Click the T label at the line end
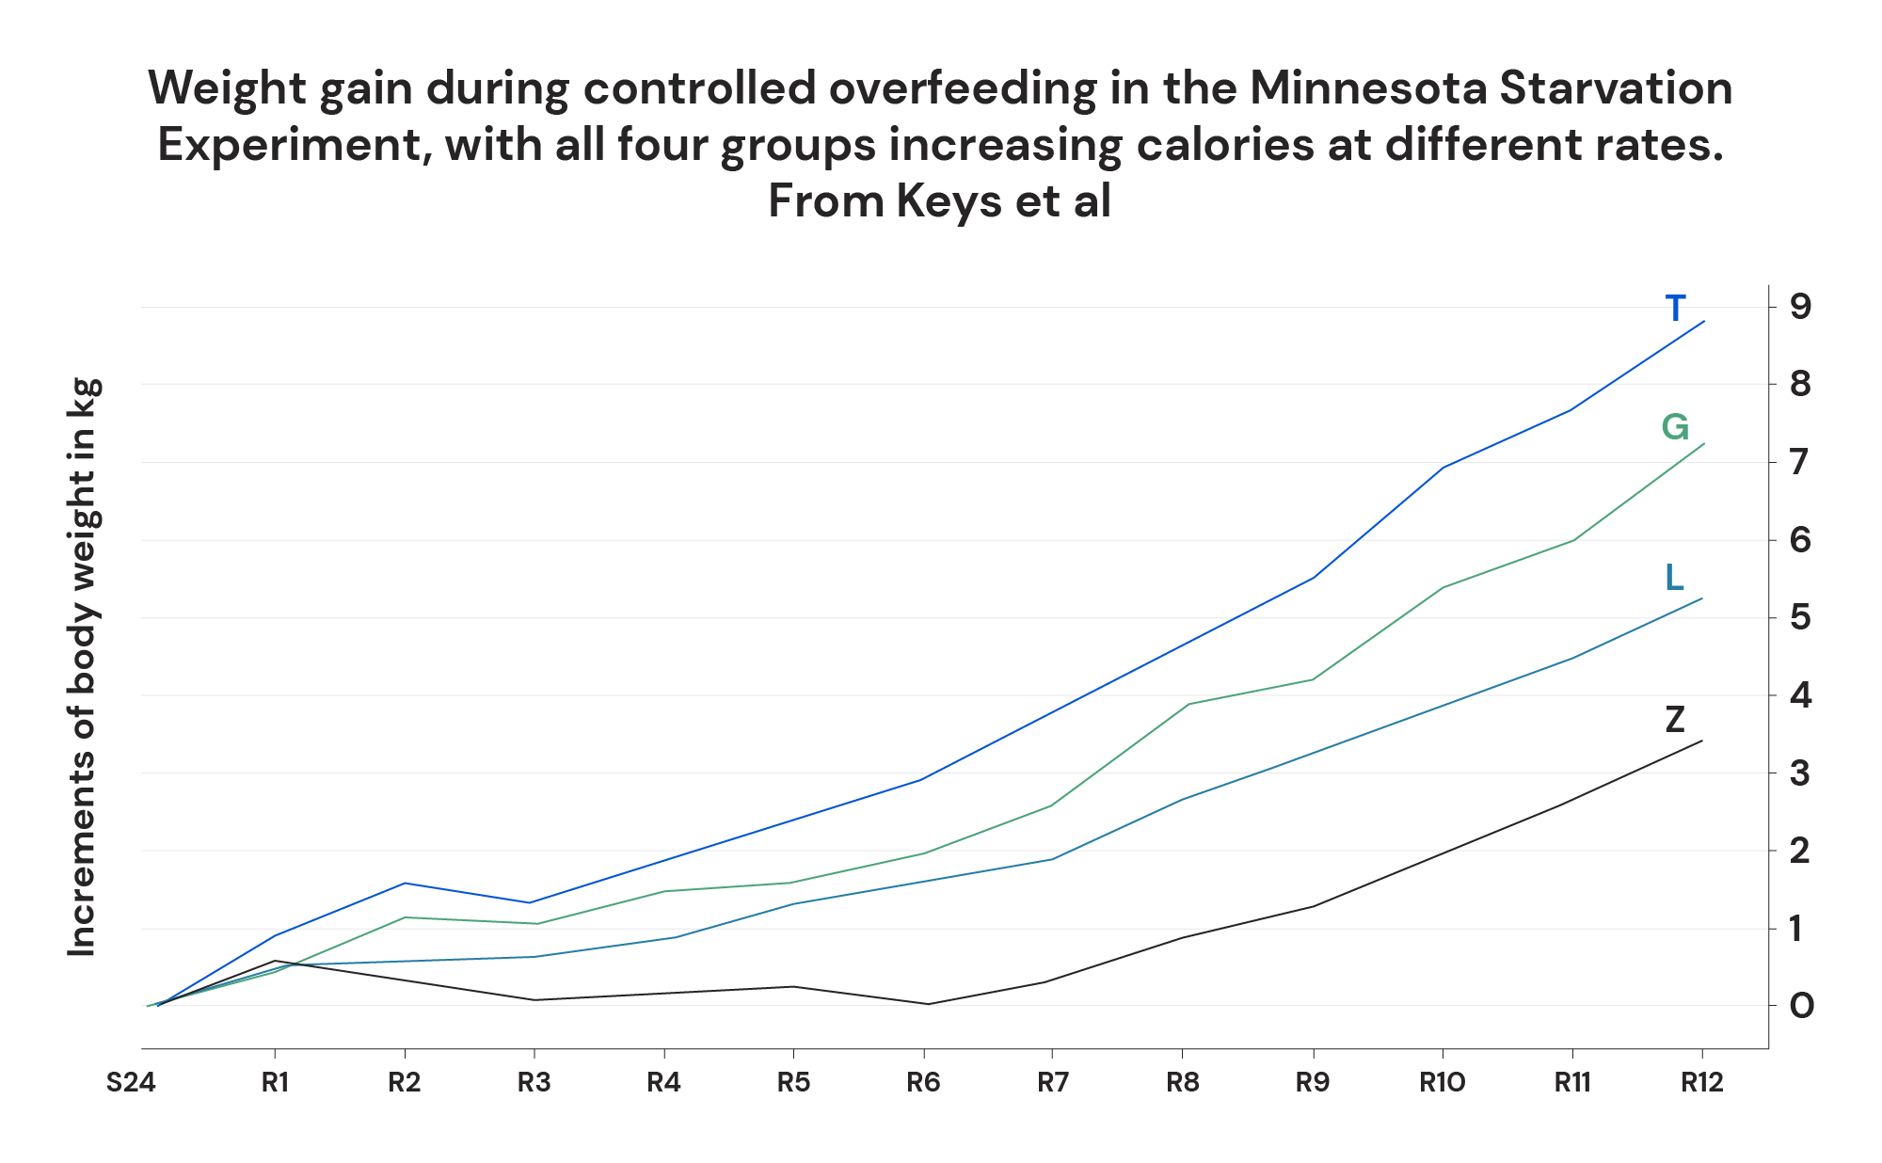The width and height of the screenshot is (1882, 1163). click(1675, 309)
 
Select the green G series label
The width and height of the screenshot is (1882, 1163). click(1675, 428)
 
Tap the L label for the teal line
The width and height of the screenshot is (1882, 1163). click(1674, 578)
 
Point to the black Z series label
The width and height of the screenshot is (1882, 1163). click(1674, 721)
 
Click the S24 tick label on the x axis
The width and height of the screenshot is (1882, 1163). click(130, 1083)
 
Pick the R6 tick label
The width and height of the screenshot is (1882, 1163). click(923, 1083)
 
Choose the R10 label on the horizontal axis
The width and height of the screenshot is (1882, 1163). click(1442, 1083)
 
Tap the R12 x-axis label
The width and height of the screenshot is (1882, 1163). click(1701, 1083)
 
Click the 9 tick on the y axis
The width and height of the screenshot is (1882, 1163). click(1801, 306)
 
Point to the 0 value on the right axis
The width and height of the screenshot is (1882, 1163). click(1801, 1006)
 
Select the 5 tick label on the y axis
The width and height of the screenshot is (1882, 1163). click(1801, 617)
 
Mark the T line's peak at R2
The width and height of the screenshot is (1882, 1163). click(405, 883)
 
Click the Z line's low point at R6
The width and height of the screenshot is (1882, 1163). click(928, 1004)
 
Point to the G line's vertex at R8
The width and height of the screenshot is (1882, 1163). click(1188, 704)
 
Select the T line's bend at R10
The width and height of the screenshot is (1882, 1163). click(1443, 467)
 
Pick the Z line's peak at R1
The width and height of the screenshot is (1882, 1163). click(274, 961)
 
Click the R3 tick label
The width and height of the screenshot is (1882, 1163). click(534, 1083)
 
